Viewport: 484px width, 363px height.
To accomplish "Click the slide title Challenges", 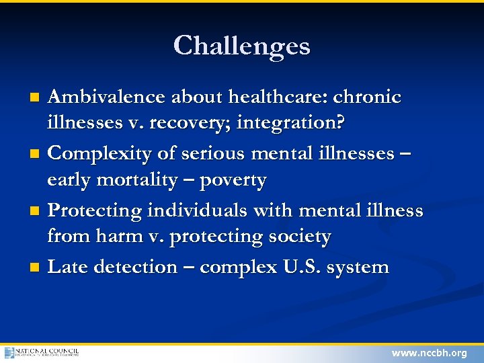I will (x=241, y=46).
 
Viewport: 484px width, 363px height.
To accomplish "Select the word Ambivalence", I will (x=108, y=97).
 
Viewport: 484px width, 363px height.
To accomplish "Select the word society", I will (x=300, y=238).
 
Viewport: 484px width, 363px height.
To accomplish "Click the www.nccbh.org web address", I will (x=429, y=353).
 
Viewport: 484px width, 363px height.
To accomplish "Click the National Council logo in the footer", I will (x=42, y=352).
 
